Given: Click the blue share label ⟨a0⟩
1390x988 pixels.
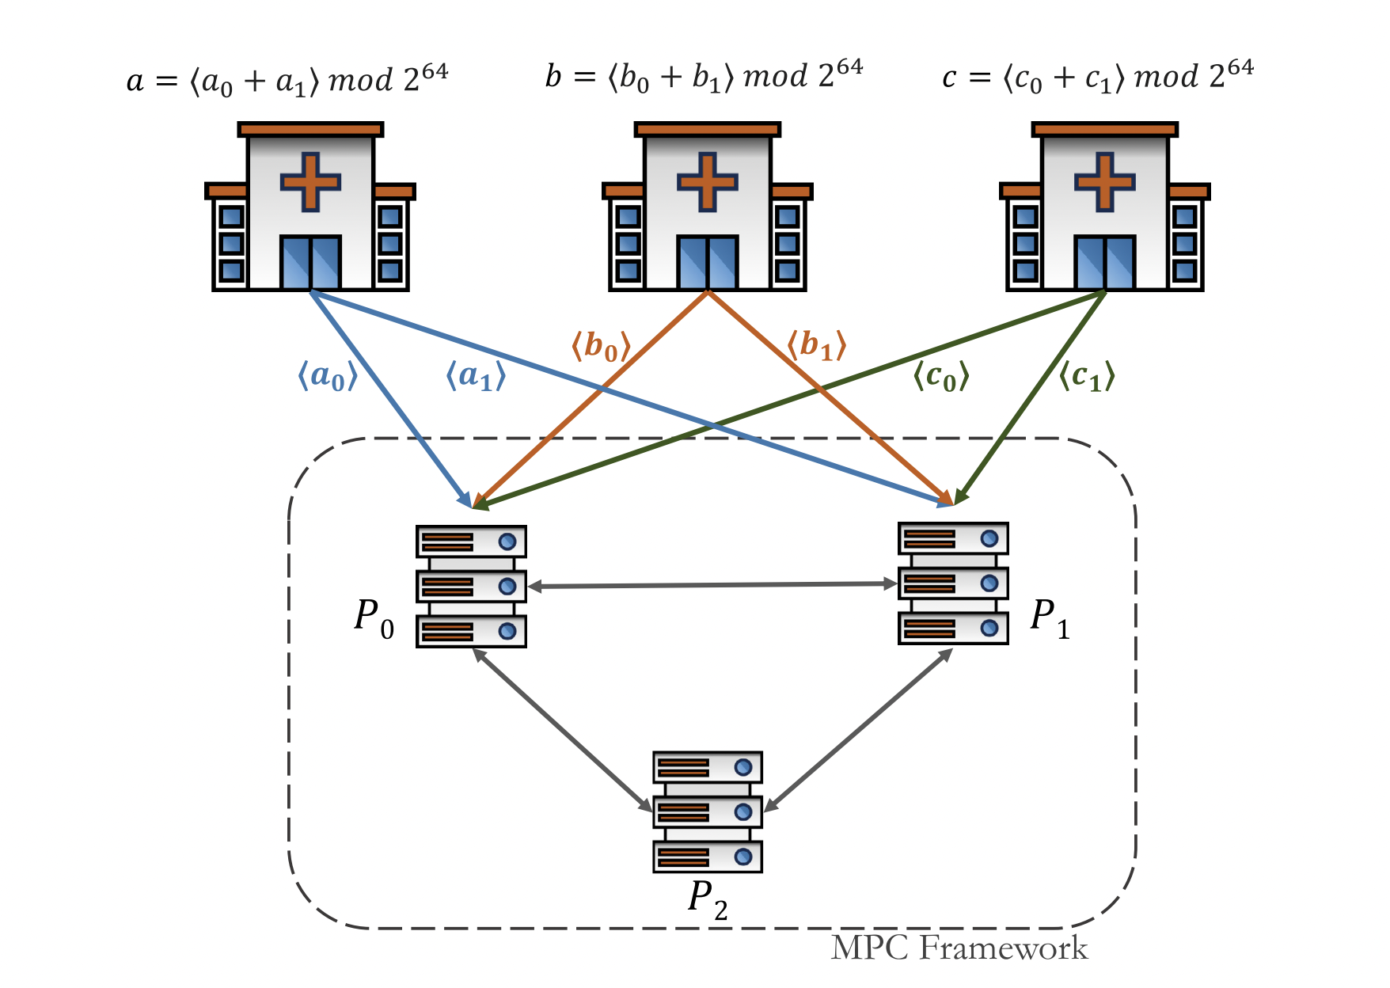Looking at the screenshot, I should tap(327, 375).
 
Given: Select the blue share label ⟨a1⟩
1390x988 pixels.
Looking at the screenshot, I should tap(475, 375).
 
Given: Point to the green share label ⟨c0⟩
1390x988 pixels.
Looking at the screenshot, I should tap(940, 376).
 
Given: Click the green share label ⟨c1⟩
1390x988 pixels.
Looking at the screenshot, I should tap(1086, 376).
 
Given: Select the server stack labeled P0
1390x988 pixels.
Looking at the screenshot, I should tap(471, 586).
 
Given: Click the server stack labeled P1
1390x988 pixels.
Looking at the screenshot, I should tap(953, 583).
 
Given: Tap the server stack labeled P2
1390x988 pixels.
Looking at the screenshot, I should tap(708, 811).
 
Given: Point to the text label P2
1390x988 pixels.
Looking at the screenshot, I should tap(708, 900).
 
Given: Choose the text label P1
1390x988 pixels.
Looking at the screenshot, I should tap(1050, 617).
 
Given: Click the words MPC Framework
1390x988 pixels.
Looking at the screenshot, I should tap(959, 948).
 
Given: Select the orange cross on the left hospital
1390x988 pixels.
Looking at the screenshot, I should tap(310, 182).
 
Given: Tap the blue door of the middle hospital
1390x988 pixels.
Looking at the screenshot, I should tap(708, 262).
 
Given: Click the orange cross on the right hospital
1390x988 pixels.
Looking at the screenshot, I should tap(1104, 182).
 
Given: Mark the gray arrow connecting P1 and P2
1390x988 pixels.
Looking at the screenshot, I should tap(859, 730).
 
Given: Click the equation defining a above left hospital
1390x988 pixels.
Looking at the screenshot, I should tap(287, 80).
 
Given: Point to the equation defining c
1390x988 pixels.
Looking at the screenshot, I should tap(1098, 77).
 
